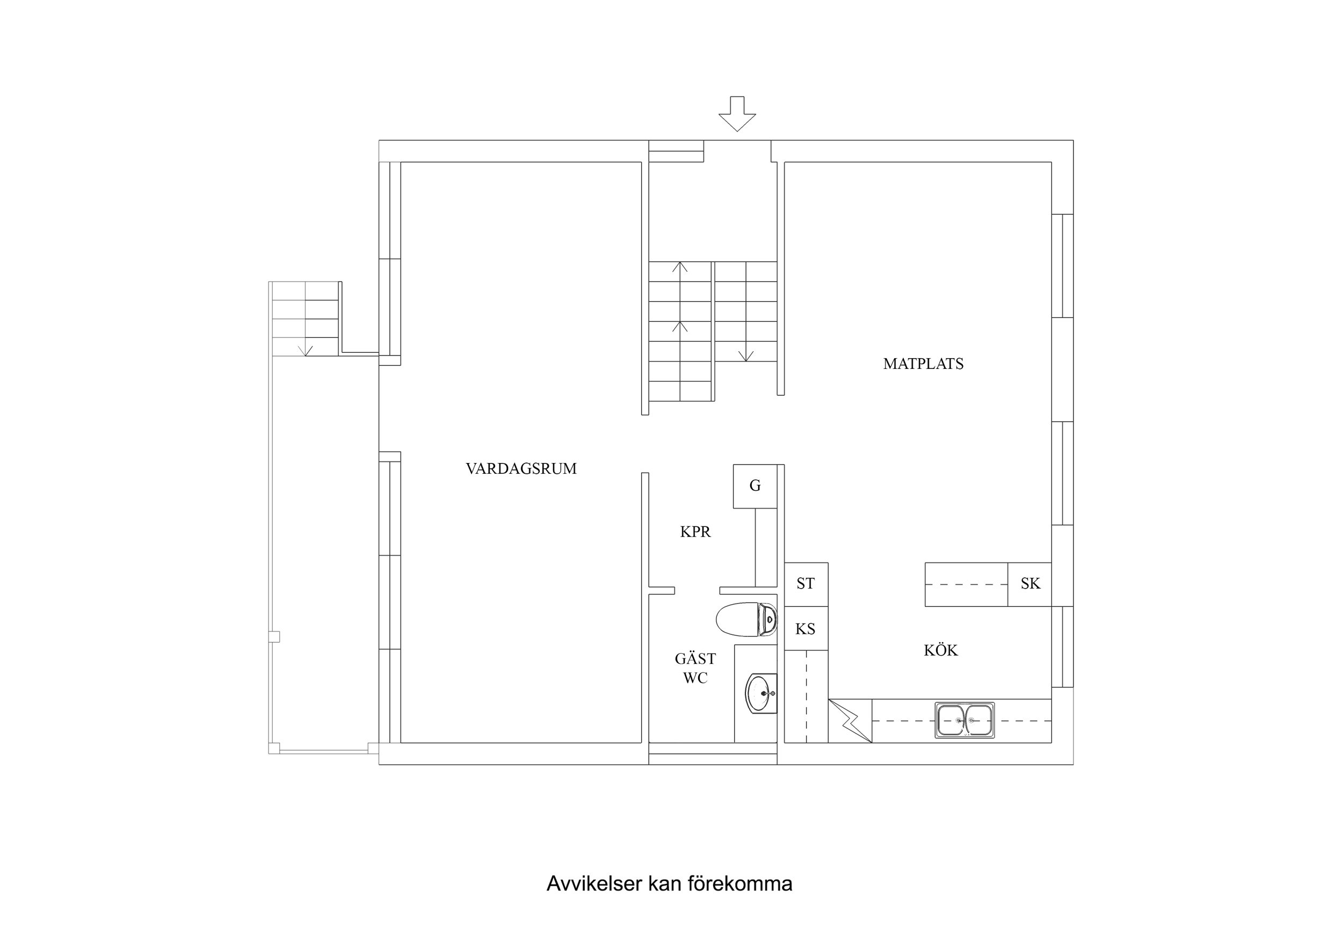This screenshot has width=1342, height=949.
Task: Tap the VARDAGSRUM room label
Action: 521,469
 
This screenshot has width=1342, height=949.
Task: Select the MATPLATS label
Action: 923,364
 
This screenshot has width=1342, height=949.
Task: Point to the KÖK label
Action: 940,650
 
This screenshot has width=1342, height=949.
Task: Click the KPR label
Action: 695,532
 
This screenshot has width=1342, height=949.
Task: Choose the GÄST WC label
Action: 695,668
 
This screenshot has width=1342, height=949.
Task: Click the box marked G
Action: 755,486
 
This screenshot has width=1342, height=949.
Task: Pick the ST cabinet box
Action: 806,584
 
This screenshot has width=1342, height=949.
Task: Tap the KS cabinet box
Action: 806,629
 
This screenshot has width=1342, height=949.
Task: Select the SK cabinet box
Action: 1030,584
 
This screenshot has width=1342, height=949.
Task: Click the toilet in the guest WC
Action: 746,619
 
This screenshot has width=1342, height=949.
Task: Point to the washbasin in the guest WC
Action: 761,694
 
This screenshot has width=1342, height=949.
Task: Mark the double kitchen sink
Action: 964,720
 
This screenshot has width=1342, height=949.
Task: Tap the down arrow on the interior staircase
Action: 746,355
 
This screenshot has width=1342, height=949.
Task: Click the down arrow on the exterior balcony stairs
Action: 305,350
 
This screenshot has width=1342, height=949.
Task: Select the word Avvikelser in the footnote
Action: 594,883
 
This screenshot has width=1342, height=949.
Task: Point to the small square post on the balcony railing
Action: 274,637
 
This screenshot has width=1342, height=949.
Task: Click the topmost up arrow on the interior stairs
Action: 680,267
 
